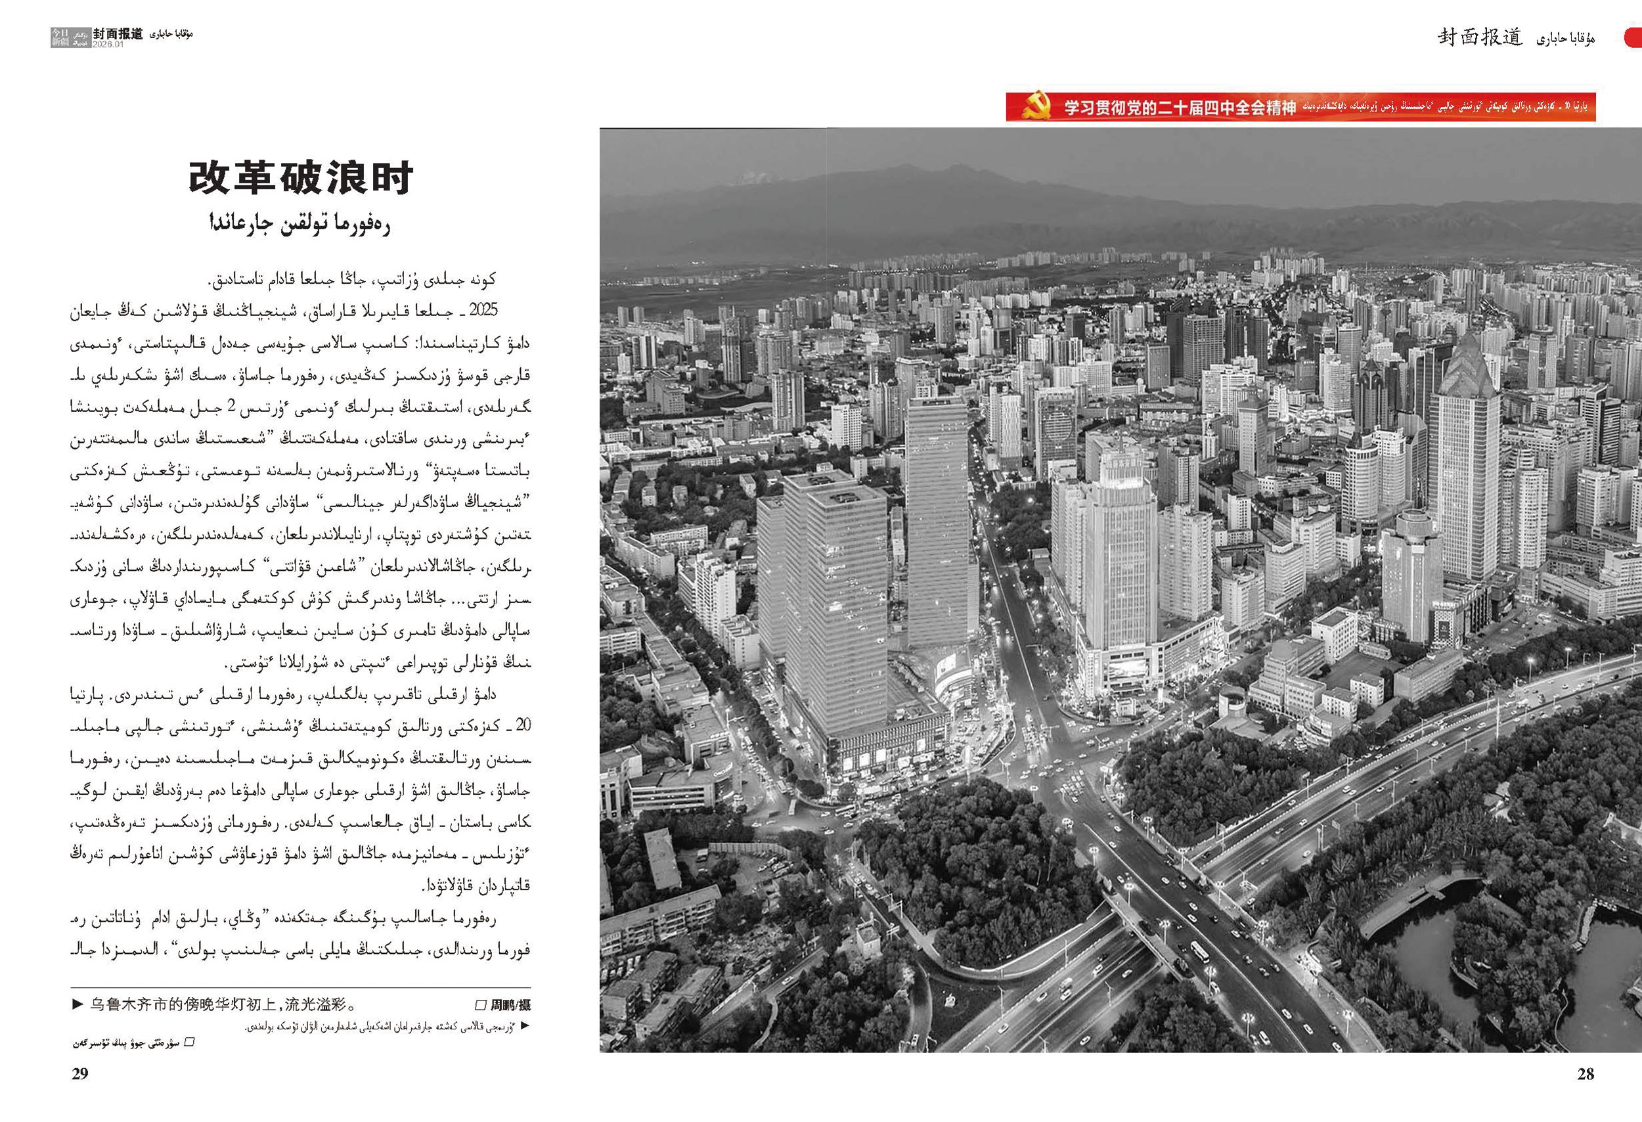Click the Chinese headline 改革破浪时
tap(300, 178)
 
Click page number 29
tap(80, 1074)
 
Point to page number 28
tap(1586, 1074)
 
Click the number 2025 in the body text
tap(483, 309)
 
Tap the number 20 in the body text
tap(523, 726)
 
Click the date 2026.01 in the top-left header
tap(108, 44)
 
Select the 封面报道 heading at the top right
tap(1480, 37)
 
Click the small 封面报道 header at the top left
tap(118, 34)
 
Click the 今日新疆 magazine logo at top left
tap(60, 37)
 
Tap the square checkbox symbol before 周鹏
tap(479, 1004)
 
